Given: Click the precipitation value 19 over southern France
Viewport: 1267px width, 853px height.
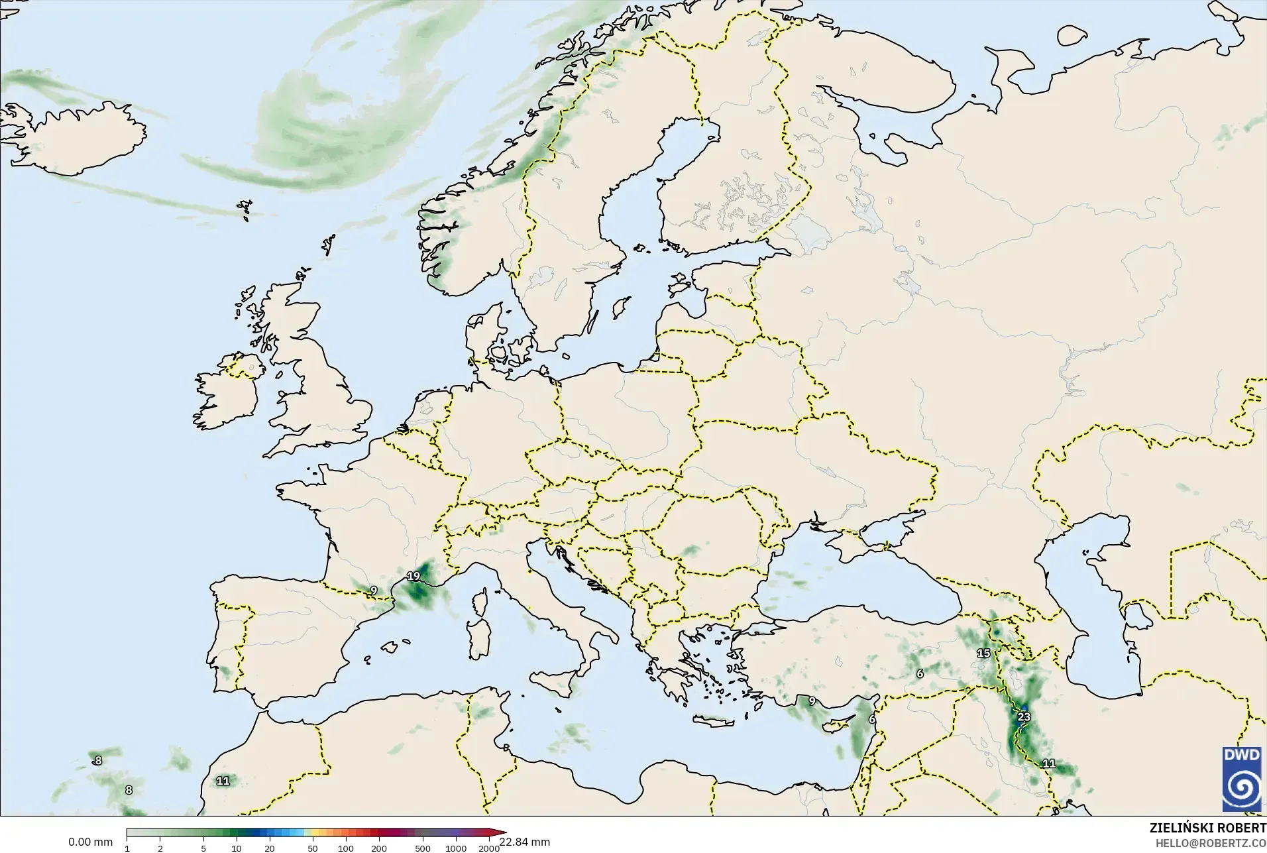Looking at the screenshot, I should pos(413,576).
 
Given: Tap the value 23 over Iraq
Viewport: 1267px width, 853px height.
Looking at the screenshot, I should pos(1024,716).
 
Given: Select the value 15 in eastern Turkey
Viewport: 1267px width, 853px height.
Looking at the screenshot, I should pos(983,653).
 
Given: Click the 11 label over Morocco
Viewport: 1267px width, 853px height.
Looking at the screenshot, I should pos(223,781).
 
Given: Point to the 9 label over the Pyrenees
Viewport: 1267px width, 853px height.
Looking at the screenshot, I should pos(374,590).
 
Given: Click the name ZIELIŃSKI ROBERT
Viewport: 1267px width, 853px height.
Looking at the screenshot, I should pos(1207,828).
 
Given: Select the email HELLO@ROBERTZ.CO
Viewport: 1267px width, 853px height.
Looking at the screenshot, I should pos(1211,843).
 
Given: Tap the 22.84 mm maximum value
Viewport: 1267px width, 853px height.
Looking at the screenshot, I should pos(524,842).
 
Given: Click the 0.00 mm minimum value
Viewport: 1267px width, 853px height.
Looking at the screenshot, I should pos(90,842).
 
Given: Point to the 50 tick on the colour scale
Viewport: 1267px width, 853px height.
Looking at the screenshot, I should pos(313,848).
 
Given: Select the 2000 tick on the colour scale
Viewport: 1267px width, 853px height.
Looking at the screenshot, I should pos(489,848).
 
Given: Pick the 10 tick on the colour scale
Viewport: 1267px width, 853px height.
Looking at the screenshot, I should pos(237,848).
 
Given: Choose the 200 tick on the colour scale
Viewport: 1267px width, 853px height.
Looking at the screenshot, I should pos(379,848).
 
